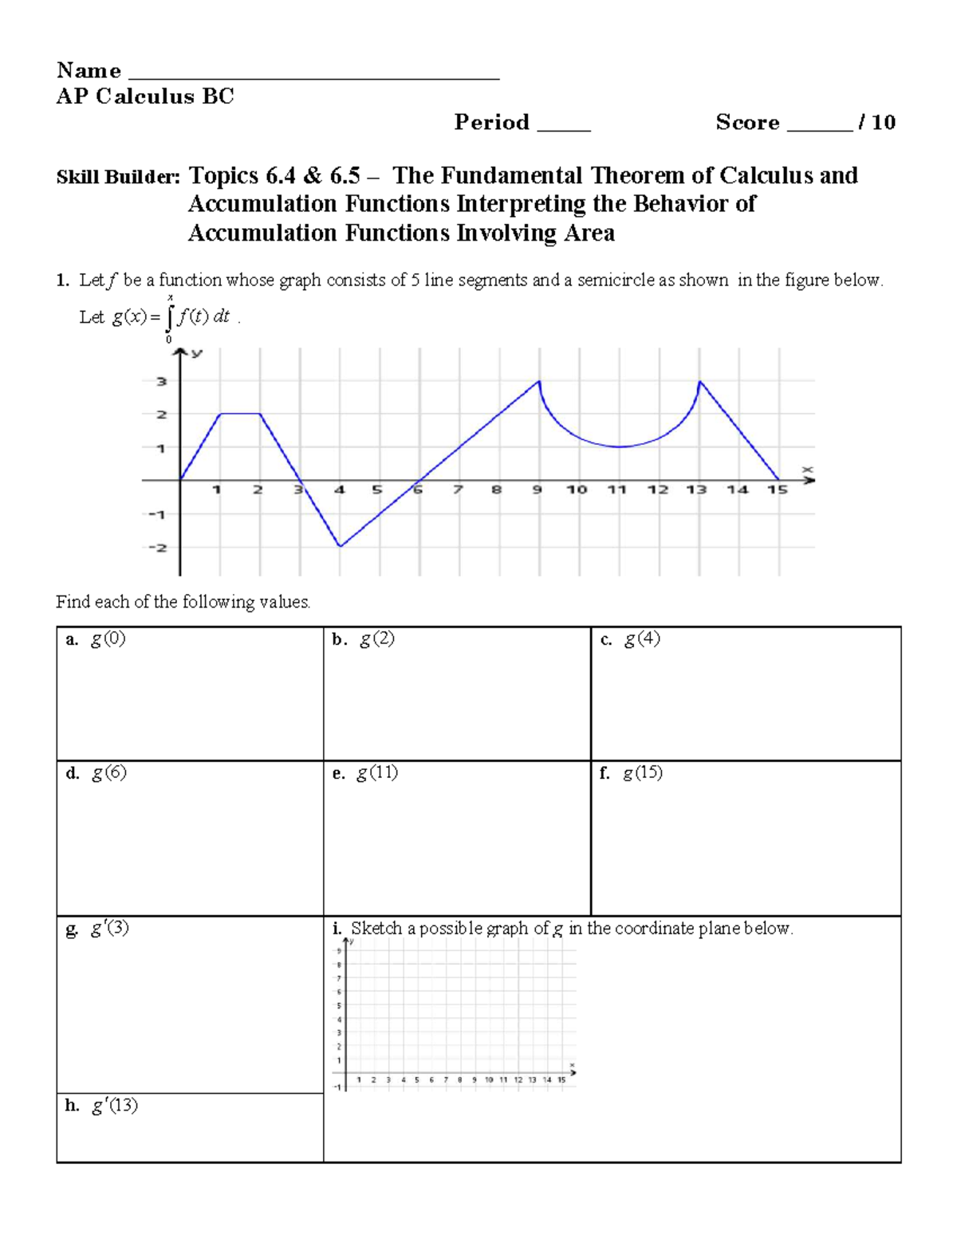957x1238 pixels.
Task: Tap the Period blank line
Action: pyautogui.click(x=564, y=127)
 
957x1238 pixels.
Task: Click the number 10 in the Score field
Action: pyautogui.click(x=884, y=123)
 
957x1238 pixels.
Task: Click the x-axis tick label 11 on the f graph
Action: pyautogui.click(x=616, y=489)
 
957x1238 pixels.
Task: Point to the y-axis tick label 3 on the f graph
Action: pyautogui.click(x=162, y=382)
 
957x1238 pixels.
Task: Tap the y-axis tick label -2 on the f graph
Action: pyautogui.click(x=158, y=548)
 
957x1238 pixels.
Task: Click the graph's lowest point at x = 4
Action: pyautogui.click(x=341, y=546)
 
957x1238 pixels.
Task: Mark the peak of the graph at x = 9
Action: pyautogui.click(x=540, y=382)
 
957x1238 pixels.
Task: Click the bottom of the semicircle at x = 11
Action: pyautogui.click(x=620, y=447)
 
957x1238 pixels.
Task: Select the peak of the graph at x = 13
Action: pyautogui.click(x=699, y=382)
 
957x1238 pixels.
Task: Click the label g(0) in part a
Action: pyautogui.click(x=108, y=639)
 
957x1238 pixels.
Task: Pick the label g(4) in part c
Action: pyautogui.click(x=642, y=639)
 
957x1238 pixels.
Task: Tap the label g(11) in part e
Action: pyautogui.click(x=377, y=773)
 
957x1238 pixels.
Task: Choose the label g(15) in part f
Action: pyautogui.click(x=643, y=773)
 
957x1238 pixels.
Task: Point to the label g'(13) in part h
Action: pyautogui.click(x=114, y=1106)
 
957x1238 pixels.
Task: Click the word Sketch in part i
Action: pyautogui.click(x=376, y=929)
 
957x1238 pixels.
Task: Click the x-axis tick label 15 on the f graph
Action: pyautogui.click(x=778, y=489)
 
